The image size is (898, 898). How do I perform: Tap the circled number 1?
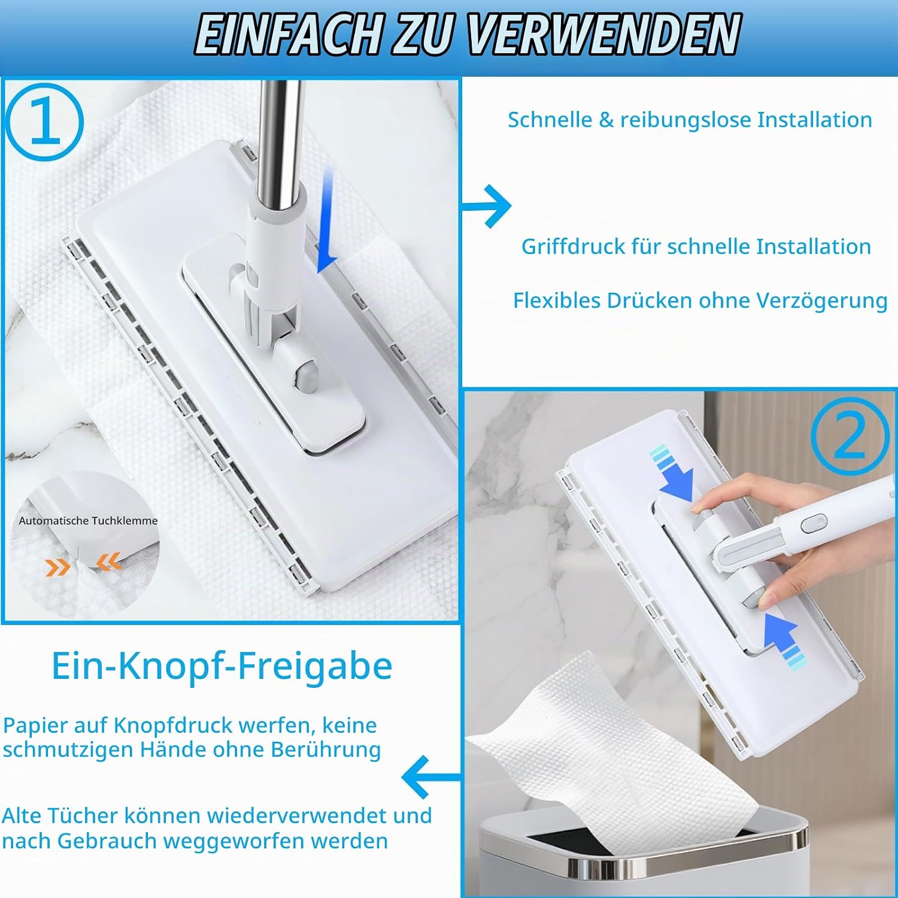pyautogui.click(x=45, y=121)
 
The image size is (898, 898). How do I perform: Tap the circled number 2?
pyautogui.click(x=850, y=435)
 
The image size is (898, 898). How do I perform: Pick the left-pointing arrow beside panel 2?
pyautogui.click(x=430, y=777)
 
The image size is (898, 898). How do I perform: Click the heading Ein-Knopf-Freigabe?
pyautogui.click(x=222, y=666)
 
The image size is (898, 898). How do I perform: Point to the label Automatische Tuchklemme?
pyautogui.click(x=88, y=521)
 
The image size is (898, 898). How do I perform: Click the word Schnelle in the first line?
pyautogui.click(x=550, y=120)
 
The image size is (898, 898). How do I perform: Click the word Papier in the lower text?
pyautogui.click(x=35, y=726)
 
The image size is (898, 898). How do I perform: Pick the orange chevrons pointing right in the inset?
pyautogui.click(x=57, y=566)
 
